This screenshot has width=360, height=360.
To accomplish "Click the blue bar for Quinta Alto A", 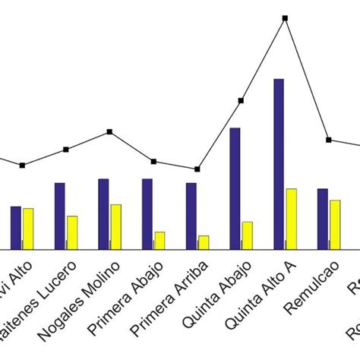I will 279,163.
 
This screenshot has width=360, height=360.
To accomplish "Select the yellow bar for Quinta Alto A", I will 291,218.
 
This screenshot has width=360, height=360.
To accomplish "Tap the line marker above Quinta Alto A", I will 286,17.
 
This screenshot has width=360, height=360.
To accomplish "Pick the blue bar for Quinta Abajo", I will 235,188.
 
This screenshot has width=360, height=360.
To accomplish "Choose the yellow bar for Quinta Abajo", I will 247,235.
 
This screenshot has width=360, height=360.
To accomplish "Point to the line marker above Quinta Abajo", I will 241,100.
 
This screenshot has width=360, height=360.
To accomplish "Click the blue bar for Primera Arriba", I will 191,216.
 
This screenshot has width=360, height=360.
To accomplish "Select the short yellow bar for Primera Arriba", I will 204,242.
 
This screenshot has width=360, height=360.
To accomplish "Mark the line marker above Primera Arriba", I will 197,169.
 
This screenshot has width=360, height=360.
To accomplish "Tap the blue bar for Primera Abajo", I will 147,213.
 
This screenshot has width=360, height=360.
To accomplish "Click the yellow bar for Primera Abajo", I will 159,240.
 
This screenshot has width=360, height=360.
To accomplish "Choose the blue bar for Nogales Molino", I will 103,213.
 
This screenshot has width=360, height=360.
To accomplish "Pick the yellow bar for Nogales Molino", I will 115,226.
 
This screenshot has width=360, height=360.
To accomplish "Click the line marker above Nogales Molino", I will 109,131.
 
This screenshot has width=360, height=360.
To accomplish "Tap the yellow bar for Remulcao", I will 335,224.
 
